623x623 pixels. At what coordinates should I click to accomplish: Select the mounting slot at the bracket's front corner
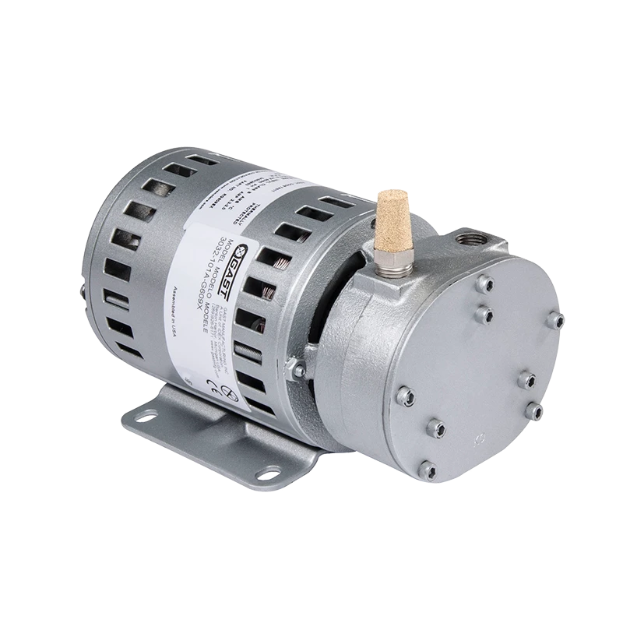[x=269, y=472]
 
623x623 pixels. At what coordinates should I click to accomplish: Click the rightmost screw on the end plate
[x=556, y=319]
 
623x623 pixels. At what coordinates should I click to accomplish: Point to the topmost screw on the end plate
[x=486, y=284]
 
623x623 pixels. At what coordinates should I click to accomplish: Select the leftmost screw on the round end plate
[x=405, y=396]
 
